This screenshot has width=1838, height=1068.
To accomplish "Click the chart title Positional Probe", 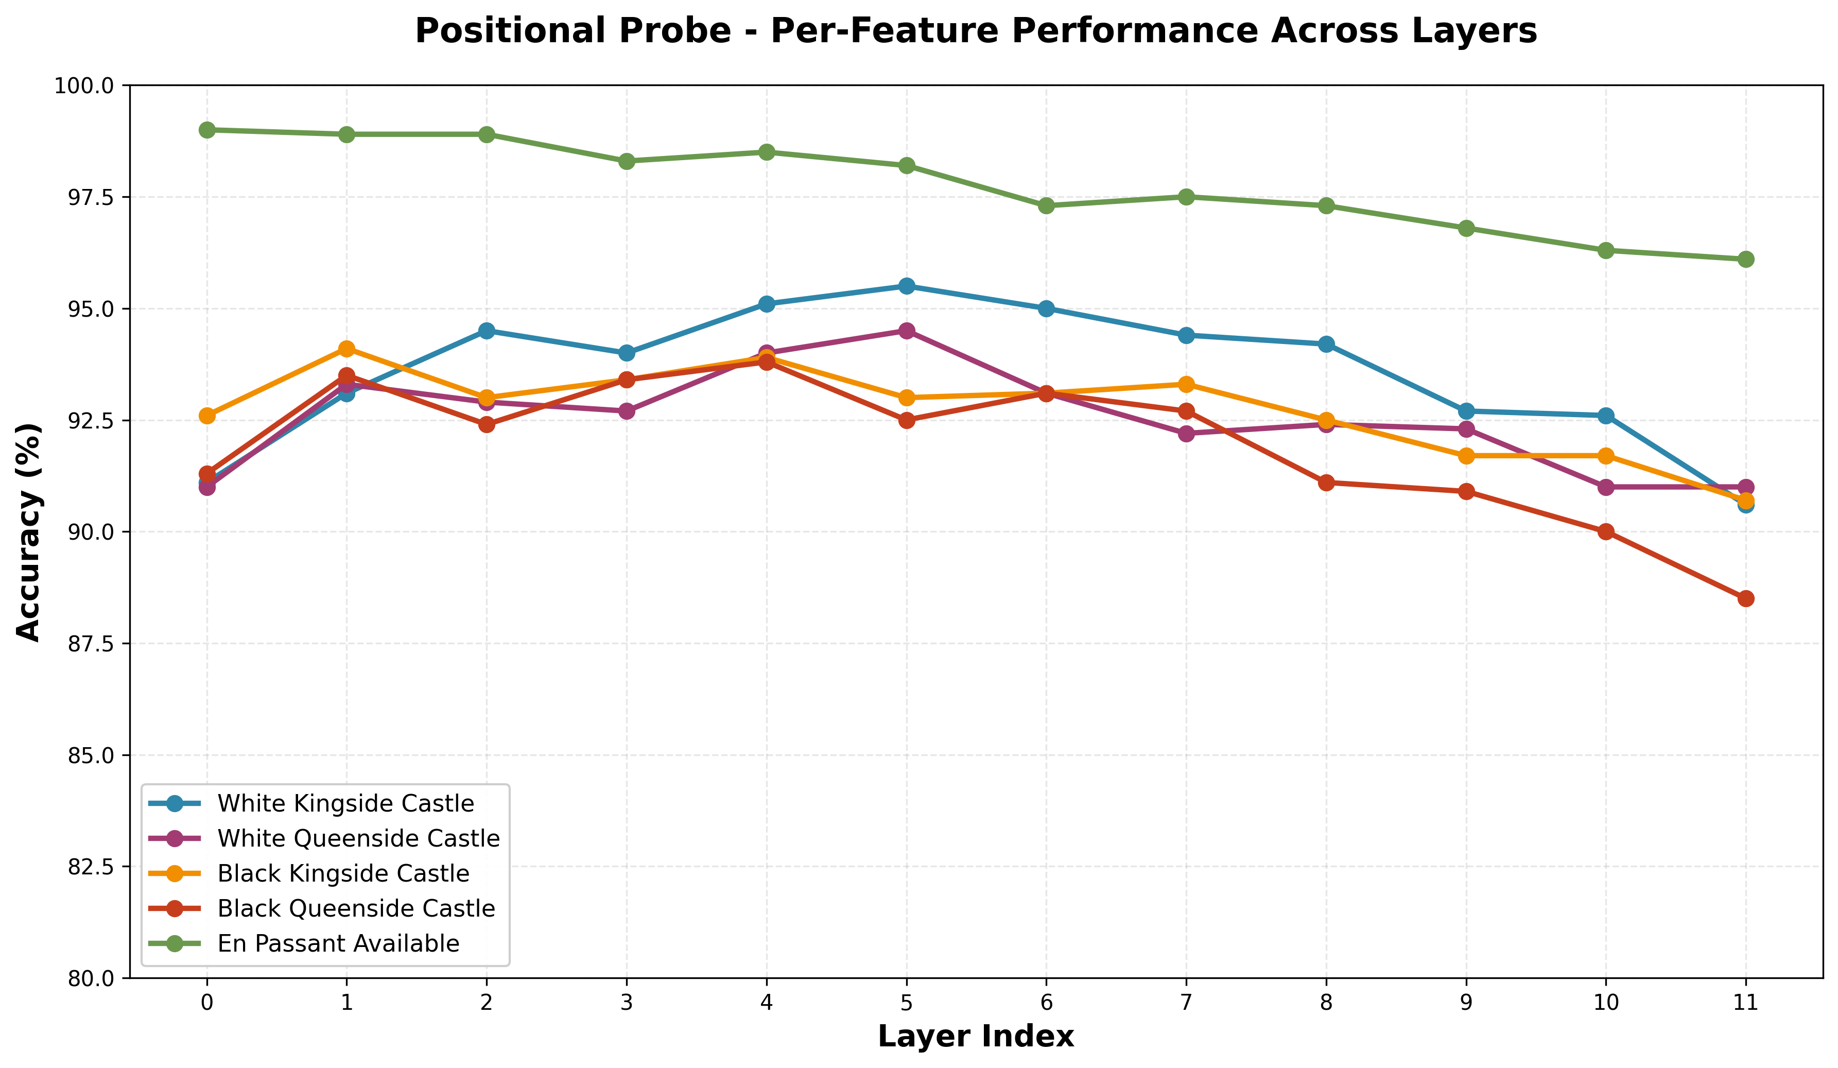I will coord(976,31).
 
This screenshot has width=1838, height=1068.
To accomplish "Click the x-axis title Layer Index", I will coord(976,1037).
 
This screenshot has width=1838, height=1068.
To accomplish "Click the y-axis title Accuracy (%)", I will coord(29,532).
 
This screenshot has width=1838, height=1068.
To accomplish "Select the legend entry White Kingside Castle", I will coord(345,804).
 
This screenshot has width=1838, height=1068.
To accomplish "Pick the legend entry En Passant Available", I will coord(338,944).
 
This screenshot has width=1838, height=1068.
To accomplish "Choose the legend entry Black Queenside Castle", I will coord(356,909).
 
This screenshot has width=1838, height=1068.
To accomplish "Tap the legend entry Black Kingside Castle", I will coord(343,874).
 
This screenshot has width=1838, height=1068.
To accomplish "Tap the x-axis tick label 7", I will coord(1186,1003).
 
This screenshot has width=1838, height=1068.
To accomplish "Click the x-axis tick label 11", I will coord(1745,1003).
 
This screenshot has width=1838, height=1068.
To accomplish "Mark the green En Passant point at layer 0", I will coord(207,130).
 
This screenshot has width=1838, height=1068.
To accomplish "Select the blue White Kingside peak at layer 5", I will coord(907,286).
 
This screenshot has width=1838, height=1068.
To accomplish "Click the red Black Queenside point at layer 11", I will coord(1745,599).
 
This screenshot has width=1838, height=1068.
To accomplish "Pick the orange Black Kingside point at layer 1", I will coord(347,349).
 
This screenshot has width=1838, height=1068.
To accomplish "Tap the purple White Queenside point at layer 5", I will coord(907,331).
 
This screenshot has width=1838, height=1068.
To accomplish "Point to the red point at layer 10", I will coord(1605,532).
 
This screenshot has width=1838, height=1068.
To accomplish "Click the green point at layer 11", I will coord(1745,260).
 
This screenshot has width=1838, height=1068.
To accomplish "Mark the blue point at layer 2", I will coord(487,331).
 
